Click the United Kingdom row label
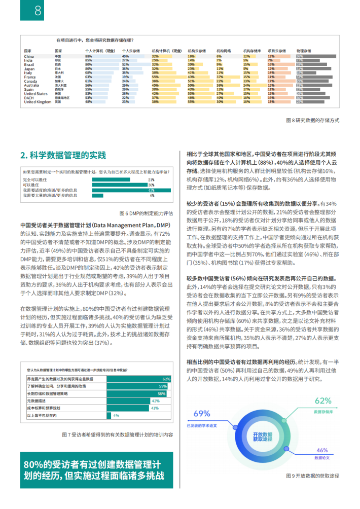point(38,102)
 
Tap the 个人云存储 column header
point(131,51)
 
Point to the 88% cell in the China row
point(88,56)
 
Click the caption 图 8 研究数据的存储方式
point(312,120)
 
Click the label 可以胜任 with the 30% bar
point(32,185)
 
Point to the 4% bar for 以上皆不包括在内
point(109,415)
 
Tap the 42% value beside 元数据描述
point(156,401)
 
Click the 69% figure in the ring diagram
point(201,413)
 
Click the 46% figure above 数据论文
point(322,450)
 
